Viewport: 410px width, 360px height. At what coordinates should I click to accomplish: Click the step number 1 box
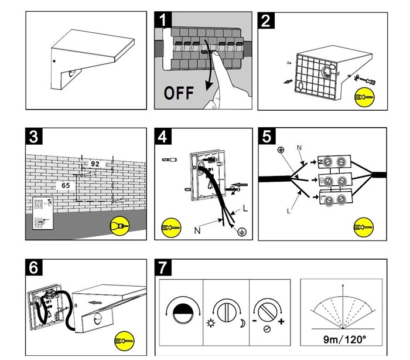pyautogui.click(x=163, y=19)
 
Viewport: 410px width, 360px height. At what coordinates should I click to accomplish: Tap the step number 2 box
pyautogui.click(x=266, y=20)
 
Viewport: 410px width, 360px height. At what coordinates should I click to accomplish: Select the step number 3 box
pyautogui.click(x=34, y=137)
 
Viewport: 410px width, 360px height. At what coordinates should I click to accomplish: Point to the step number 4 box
pyautogui.click(x=163, y=137)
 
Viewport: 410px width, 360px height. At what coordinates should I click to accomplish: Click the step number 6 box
pyautogui.click(x=34, y=267)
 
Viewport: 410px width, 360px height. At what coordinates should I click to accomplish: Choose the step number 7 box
pyautogui.click(x=163, y=267)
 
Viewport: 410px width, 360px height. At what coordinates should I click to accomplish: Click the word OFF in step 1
pyautogui.click(x=179, y=93)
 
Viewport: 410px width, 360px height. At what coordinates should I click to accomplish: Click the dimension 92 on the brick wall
pyautogui.click(x=95, y=164)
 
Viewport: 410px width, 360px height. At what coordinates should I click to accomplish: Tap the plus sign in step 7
pyautogui.click(x=281, y=321)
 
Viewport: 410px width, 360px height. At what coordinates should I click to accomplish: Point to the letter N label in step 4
pyautogui.click(x=197, y=230)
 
